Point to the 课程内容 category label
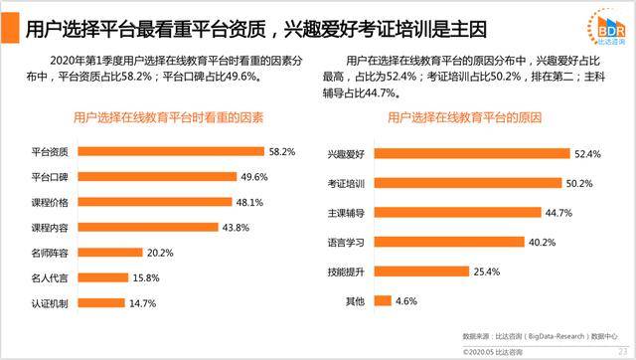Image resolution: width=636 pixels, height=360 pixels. point(49,228)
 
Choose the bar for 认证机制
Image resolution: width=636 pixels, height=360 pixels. point(103,302)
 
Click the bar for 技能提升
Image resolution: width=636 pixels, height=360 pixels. point(413,270)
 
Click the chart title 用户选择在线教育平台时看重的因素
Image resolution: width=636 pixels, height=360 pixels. point(168,117)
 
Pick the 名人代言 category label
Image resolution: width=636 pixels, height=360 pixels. point(49,277)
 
